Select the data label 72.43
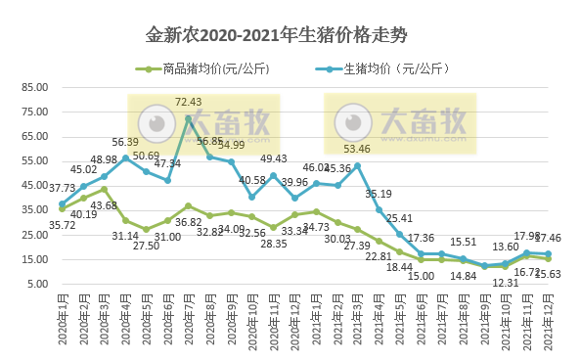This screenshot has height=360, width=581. [188, 102]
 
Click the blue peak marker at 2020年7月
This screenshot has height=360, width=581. [188, 118]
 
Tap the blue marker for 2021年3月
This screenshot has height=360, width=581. [358, 165]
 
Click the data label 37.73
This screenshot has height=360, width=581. [36, 188]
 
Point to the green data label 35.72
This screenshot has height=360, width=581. [36, 224]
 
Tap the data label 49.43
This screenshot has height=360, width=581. [273, 158]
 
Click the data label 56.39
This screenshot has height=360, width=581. [124, 142]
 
